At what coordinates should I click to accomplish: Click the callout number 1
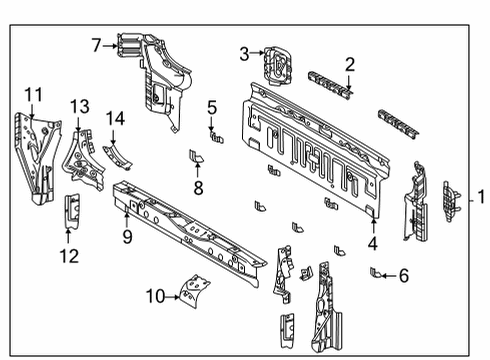480,197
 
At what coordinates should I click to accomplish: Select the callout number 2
349,65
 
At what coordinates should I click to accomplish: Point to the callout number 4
373,241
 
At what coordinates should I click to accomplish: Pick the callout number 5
212,107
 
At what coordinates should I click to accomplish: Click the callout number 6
403,275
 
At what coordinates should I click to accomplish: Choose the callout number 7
97,45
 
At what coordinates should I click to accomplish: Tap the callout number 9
127,237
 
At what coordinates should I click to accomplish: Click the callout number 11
34,95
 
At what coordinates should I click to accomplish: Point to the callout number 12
68,256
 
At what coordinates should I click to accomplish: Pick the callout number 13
79,107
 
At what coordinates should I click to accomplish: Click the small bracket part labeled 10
189,289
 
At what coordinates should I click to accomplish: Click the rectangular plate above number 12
71,211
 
